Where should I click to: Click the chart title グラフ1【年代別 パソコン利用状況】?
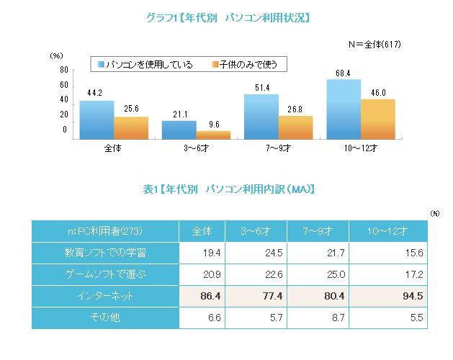point(227,17)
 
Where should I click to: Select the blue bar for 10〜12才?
point(343,109)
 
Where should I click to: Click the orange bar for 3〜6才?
point(214,135)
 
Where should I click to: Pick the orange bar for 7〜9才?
point(296,127)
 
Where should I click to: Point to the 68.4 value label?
point(343,73)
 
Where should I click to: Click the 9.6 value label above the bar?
point(214,125)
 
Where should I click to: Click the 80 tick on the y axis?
point(64,70)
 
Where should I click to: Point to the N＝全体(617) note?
point(374,45)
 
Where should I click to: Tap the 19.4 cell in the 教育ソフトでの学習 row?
point(202,253)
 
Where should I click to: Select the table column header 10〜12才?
point(388,231)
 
